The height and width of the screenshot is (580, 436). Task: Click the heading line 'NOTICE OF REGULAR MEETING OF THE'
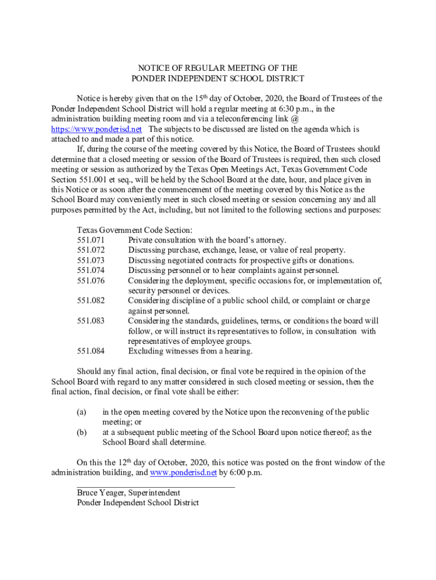[218, 69]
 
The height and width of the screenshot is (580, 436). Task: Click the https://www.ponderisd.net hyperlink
[96, 129]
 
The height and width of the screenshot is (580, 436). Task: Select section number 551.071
[91, 240]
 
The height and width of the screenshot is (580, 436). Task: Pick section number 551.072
[91, 250]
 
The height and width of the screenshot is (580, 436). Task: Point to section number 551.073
[91, 261]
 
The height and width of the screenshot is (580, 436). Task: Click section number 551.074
[91, 271]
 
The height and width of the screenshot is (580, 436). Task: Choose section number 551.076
[91, 281]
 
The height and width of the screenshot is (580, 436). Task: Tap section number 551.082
[91, 301]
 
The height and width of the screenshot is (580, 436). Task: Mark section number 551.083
[91, 321]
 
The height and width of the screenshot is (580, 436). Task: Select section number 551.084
[91, 351]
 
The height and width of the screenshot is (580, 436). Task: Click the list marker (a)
[82, 412]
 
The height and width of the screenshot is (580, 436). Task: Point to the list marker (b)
[82, 433]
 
